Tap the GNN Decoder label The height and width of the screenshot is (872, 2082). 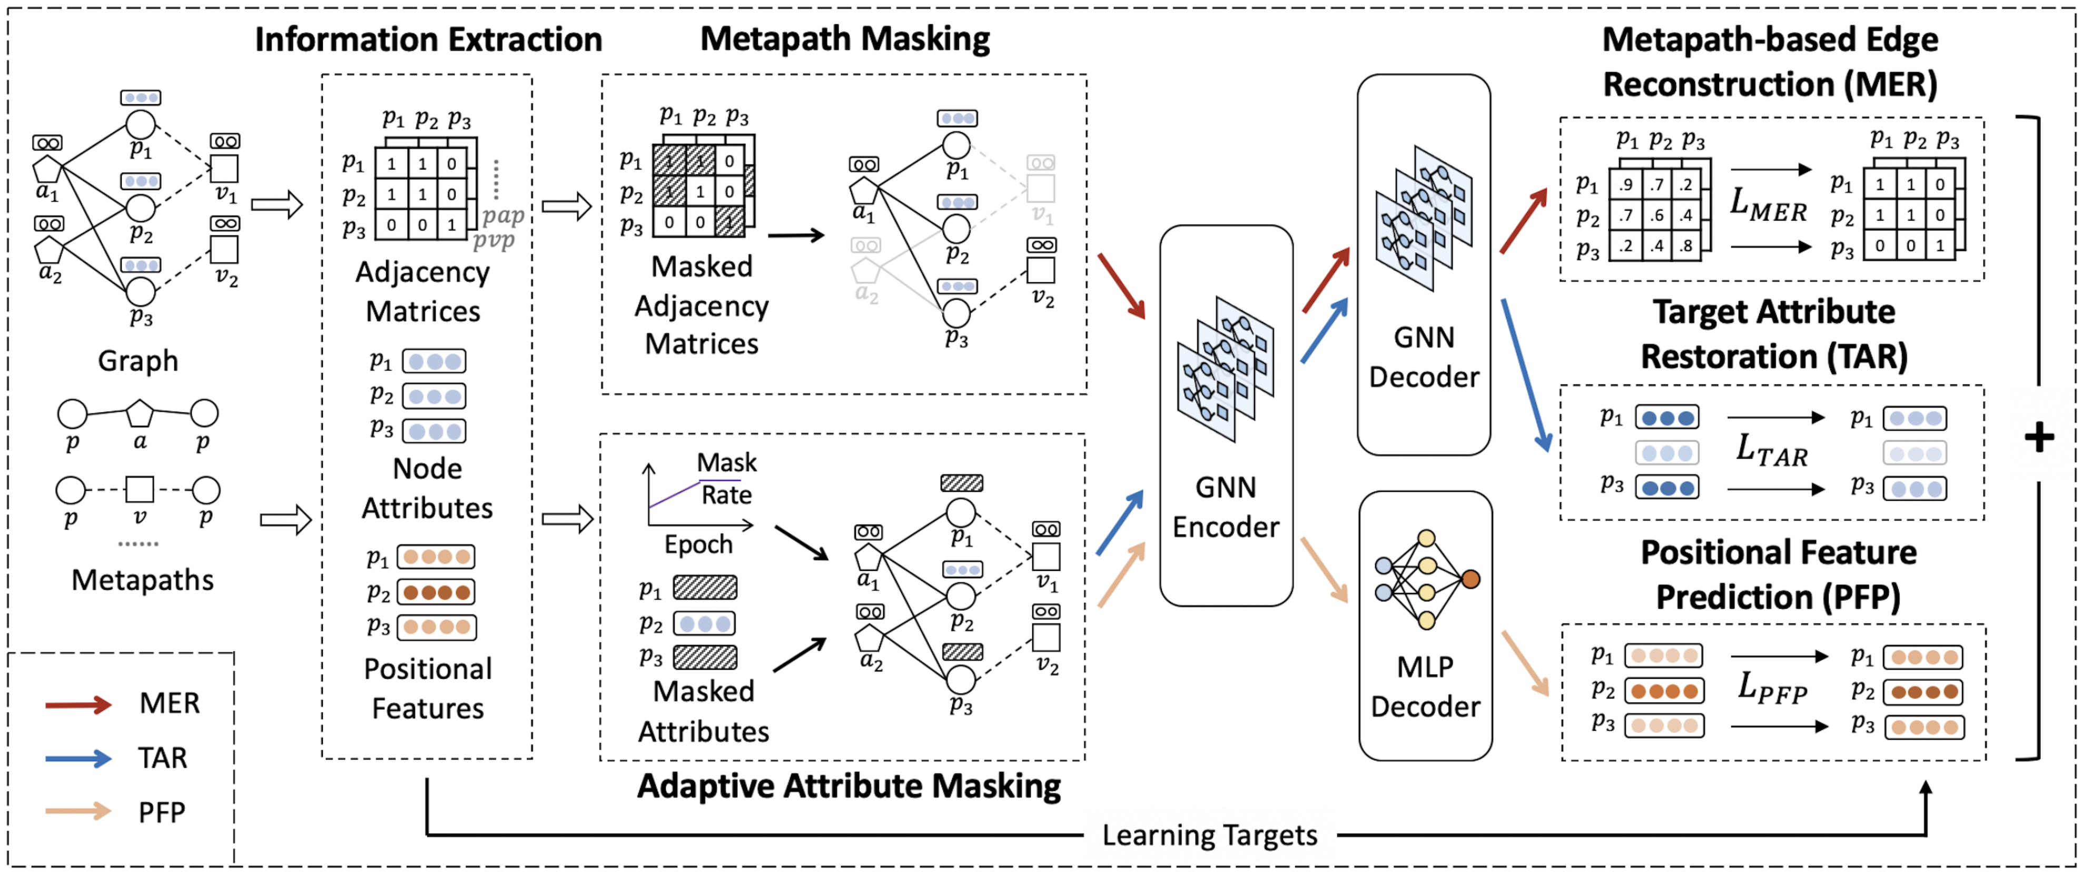tap(1424, 356)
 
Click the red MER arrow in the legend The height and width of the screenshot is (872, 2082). tap(78, 704)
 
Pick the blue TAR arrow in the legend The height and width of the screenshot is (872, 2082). tap(78, 758)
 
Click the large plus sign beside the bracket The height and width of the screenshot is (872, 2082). tap(2039, 437)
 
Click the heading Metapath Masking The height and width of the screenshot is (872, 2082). tap(845, 39)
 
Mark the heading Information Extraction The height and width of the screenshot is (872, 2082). tap(428, 39)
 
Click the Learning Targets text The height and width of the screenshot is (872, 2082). tap(1210, 835)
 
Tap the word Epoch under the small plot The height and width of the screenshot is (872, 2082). tap(698, 544)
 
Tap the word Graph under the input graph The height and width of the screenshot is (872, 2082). tap(138, 361)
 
